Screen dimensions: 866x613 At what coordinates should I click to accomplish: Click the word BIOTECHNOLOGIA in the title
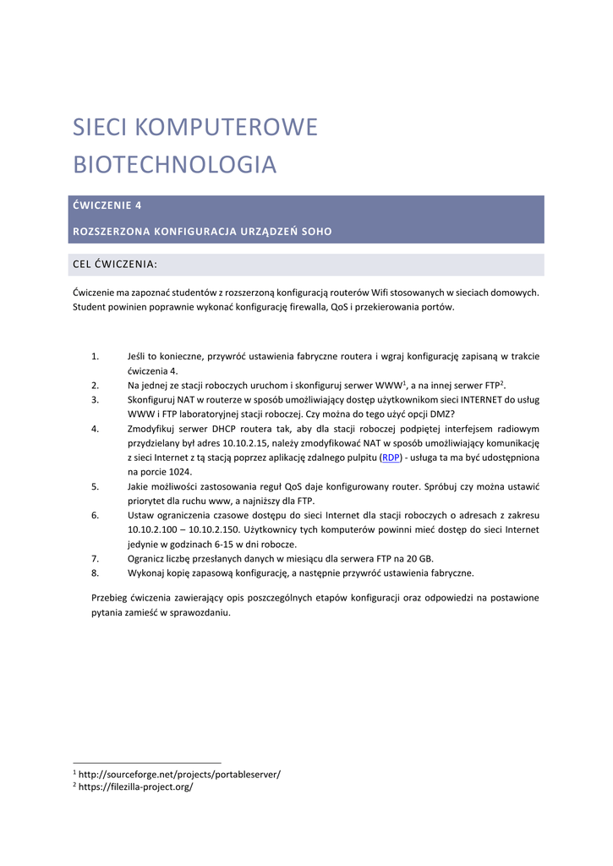coord(175,164)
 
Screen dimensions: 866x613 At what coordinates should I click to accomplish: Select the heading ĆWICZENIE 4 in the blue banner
coord(113,205)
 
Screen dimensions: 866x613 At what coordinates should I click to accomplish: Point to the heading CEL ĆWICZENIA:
coord(115,265)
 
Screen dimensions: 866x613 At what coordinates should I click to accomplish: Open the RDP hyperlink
coord(391,457)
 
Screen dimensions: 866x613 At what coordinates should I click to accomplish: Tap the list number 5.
coord(96,486)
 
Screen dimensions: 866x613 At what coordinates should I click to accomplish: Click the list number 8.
coord(96,573)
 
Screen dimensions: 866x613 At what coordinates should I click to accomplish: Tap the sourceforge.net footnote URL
coord(179,773)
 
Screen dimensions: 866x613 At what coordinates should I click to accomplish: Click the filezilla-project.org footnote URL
coord(135,787)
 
